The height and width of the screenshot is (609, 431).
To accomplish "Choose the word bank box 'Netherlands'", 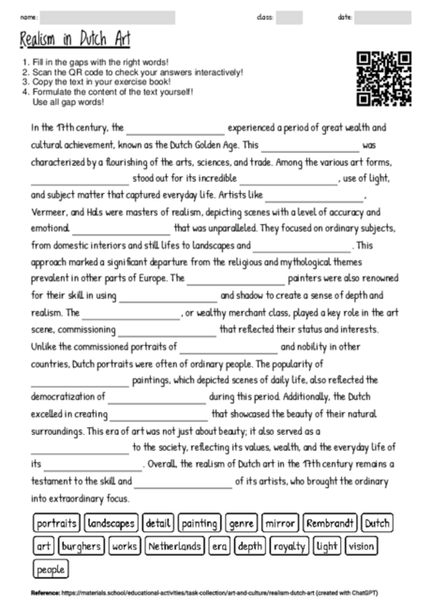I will click(171, 545).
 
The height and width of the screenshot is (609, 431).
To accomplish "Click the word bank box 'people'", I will click(52, 569).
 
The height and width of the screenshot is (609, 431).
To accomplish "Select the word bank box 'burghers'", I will click(80, 545).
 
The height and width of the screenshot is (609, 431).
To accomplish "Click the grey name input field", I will click(107, 17).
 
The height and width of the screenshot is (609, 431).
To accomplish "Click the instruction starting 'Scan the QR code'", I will click(131, 71).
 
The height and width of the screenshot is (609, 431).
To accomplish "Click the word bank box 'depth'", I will click(249, 545).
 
